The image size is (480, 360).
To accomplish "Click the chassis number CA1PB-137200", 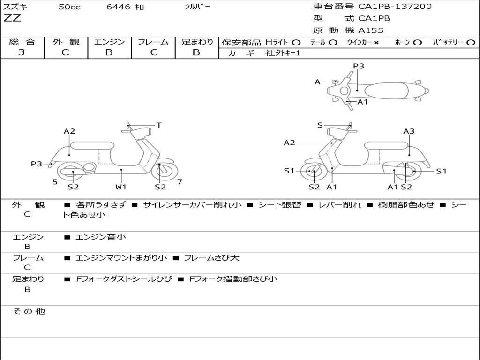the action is [x=395, y=7].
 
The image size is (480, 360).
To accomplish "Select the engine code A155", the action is [x=371, y=30].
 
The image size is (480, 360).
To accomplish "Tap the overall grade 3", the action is [x=22, y=52].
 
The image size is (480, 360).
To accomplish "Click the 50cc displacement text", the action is [x=69, y=7].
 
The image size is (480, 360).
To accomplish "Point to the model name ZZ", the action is [x=12, y=18].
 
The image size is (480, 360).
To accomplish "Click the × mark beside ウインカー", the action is [x=376, y=43].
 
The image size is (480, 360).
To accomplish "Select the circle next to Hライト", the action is [x=296, y=43].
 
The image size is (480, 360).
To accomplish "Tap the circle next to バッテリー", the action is [x=471, y=43].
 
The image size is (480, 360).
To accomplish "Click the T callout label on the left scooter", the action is [x=159, y=125].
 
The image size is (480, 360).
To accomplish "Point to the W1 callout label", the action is [x=121, y=187].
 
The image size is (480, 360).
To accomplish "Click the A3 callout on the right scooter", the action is [x=409, y=131].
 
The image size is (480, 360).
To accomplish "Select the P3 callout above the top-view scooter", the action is [x=359, y=66].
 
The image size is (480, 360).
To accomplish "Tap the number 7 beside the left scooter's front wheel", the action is [x=180, y=182].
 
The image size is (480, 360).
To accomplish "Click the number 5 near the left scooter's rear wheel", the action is [x=55, y=182].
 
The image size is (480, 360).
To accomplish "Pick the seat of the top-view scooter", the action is [x=386, y=90].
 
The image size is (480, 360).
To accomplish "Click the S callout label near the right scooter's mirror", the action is [x=320, y=125].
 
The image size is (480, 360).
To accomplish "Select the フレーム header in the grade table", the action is [x=153, y=42].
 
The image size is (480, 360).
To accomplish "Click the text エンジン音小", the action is [x=101, y=237].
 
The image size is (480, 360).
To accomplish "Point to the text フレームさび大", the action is [x=211, y=258].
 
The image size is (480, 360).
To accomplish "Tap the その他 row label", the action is [x=29, y=311].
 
